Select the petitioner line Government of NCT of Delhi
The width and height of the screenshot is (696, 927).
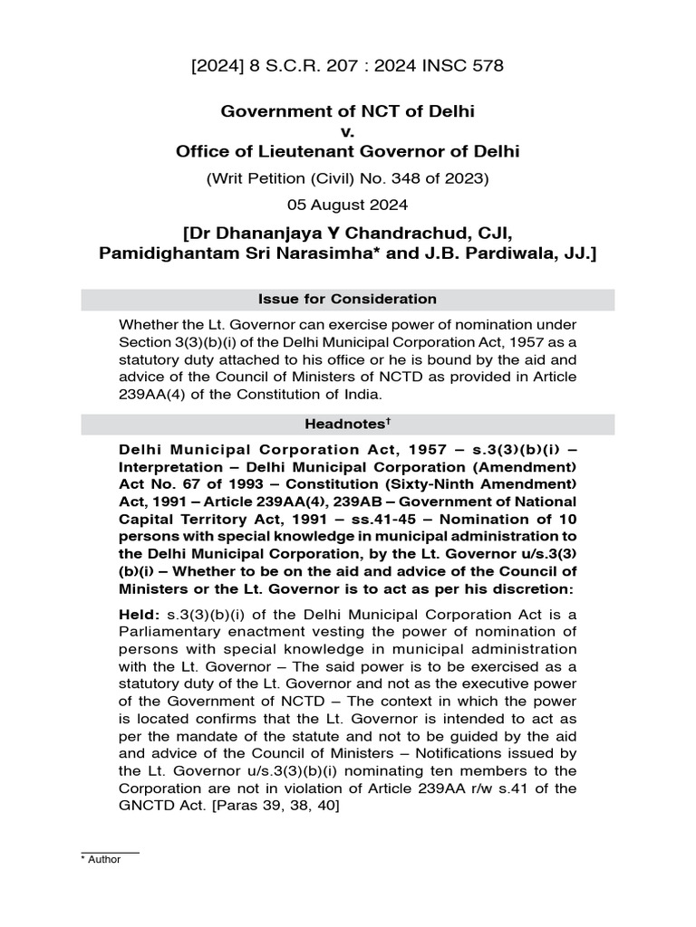pos(348,111)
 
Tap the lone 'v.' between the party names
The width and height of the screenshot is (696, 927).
pos(348,131)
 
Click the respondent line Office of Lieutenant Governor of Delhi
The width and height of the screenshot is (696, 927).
pos(348,151)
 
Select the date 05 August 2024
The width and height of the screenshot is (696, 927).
pos(348,204)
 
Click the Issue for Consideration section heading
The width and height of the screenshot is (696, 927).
pos(348,300)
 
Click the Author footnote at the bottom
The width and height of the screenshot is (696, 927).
pos(102,860)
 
